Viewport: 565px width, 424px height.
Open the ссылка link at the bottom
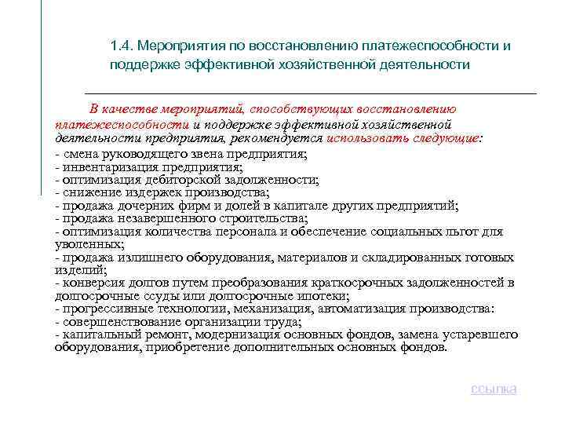coord(494,389)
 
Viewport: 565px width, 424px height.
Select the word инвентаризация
coord(106,167)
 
